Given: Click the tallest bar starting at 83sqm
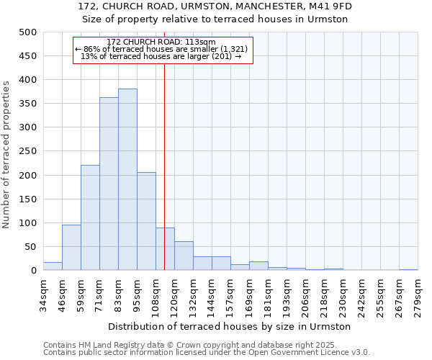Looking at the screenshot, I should point(127,180).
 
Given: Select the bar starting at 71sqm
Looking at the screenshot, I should point(109,184).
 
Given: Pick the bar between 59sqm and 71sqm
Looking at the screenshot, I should point(90,217).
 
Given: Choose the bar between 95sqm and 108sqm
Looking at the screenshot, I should point(146,222).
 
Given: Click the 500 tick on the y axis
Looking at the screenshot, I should point(28,32).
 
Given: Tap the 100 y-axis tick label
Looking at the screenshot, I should point(28,223).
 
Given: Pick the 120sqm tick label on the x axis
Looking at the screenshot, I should point(175,293).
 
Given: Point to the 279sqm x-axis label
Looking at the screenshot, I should point(418,293).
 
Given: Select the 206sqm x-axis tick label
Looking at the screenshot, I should point(306,293).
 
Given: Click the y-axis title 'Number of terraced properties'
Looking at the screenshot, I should point(6,154).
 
